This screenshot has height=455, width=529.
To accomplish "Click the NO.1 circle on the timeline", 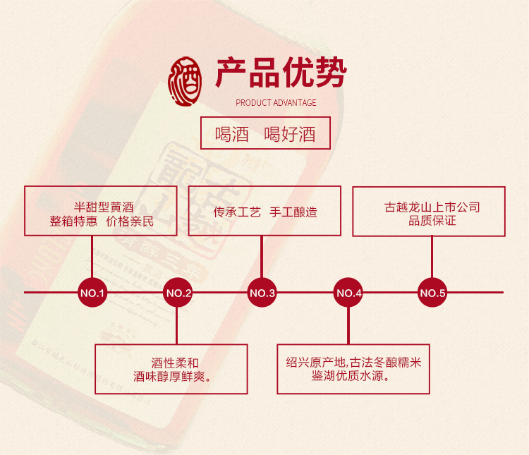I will point(92,293).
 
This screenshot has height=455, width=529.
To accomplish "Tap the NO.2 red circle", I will point(178,293).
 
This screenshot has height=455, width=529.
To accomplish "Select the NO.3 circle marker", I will point(262,293).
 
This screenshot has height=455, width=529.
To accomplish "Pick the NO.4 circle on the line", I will point(348,293).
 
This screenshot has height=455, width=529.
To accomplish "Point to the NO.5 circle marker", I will point(432,293).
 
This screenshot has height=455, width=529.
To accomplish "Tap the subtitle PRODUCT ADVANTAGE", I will point(276,103).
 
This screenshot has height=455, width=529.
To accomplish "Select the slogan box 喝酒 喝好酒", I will point(265,133).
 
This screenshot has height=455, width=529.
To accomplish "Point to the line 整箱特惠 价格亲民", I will point(102,222).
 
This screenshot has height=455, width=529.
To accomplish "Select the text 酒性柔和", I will point(171,362).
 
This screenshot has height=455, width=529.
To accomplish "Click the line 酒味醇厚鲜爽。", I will point(171,376).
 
